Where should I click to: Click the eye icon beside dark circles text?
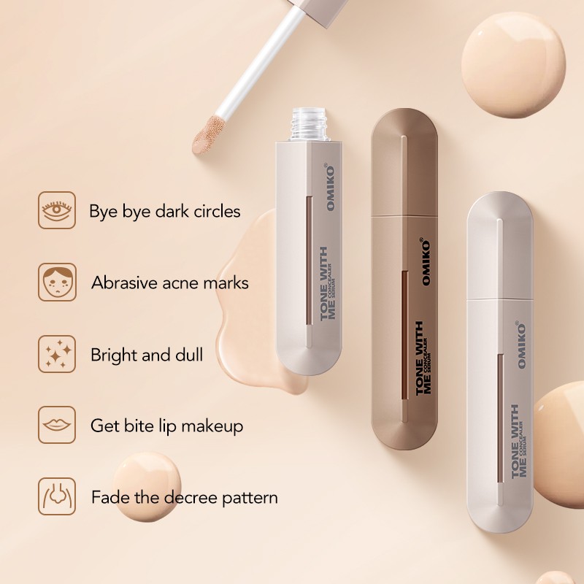tap(57, 210)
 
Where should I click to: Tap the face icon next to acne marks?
tap(57, 282)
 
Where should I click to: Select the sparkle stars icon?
tap(57, 354)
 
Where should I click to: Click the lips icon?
tap(57, 425)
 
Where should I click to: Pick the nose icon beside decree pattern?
tap(57, 496)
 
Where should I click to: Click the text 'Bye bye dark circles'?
tap(164, 212)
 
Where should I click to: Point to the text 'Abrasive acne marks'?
tap(169, 283)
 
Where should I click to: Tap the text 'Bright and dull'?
tap(147, 355)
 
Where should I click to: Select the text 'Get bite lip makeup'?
tap(166, 426)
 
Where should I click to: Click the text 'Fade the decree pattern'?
tap(184, 498)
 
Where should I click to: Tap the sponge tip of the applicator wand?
tap(206, 134)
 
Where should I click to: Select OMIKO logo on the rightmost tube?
tap(522, 339)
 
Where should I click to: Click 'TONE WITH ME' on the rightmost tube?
tap(520, 442)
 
